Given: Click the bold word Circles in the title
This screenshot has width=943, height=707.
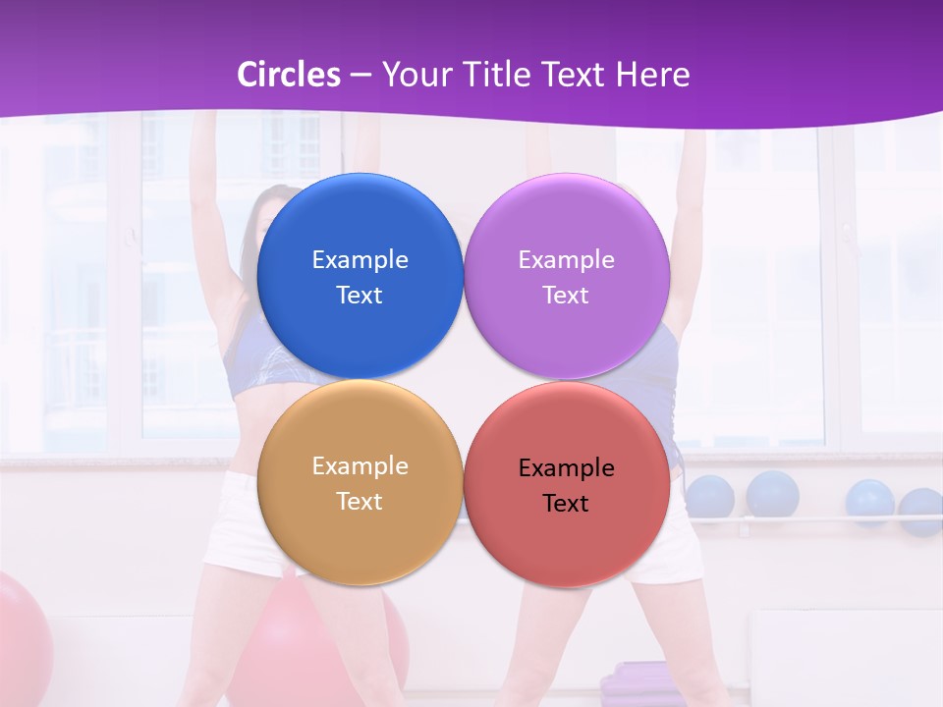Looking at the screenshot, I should pos(289,75).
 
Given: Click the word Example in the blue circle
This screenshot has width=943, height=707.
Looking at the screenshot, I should pos(360,260).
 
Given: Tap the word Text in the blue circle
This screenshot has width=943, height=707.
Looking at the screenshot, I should pos(360,296).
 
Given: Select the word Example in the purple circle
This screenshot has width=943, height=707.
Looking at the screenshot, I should pos(566,260).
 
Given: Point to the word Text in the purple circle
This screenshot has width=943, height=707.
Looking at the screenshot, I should pos(566,296).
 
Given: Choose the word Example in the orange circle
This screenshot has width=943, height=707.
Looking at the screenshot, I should pos(360,466).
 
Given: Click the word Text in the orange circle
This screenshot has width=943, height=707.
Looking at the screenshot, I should pos(360,502).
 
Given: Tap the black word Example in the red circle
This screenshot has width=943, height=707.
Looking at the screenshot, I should pos(566,468).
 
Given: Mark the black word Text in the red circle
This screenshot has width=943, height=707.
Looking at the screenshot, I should pos(566,504).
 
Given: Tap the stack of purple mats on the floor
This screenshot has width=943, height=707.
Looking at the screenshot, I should pos(638,681).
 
